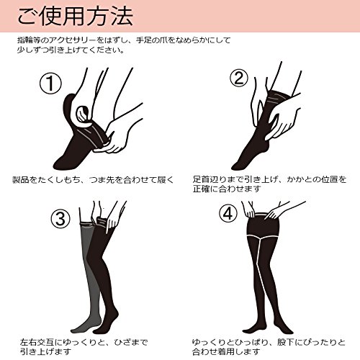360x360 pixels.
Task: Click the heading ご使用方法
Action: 76,17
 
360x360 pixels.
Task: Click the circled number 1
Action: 50,83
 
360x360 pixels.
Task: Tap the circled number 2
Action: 239,78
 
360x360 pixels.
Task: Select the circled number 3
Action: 60,218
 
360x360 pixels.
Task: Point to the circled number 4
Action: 228,213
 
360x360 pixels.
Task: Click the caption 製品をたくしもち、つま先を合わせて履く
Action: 93,179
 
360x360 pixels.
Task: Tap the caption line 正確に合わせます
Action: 227,189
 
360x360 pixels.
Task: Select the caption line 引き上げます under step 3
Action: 45,352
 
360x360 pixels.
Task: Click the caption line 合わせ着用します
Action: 226,352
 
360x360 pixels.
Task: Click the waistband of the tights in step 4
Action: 263,214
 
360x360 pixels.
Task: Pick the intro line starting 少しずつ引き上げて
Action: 71,50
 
